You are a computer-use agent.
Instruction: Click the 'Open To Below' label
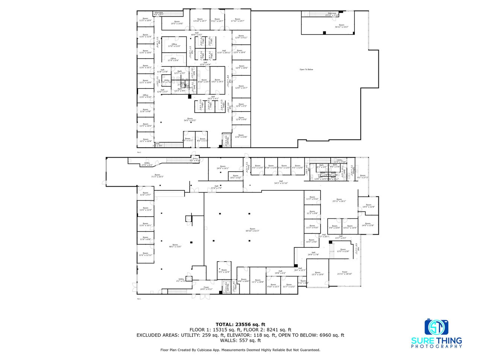(306, 69)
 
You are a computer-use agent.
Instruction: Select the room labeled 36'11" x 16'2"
(342, 26)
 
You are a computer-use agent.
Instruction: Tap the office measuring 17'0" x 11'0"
(174, 45)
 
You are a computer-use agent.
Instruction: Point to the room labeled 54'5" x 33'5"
(191, 120)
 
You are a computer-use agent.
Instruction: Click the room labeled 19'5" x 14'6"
(177, 23)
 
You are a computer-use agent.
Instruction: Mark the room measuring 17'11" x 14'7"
(237, 20)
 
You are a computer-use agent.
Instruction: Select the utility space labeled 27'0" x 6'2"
(147, 164)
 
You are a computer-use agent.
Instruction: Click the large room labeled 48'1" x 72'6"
(175, 246)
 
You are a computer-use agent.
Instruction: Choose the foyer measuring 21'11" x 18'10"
(345, 273)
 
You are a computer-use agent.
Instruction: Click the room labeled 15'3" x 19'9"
(318, 273)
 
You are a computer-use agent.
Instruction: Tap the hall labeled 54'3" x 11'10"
(281, 182)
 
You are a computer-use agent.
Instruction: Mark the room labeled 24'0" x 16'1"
(222, 167)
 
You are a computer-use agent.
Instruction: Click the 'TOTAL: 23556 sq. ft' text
(240, 324)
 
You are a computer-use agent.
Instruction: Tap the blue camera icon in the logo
(436, 327)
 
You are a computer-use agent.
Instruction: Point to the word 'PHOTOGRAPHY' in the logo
(436, 346)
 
